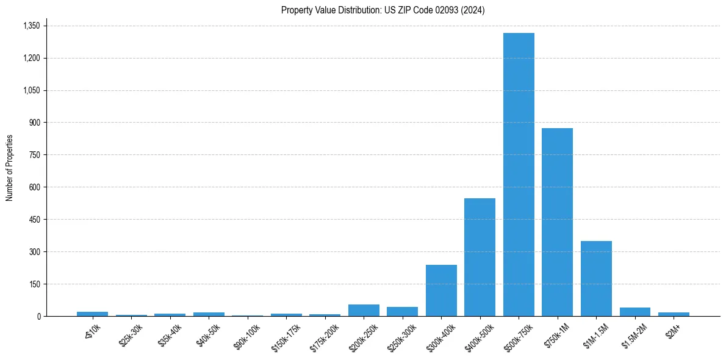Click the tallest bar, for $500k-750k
pos(519,175)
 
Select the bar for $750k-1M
pos(557,222)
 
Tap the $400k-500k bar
pos(480,257)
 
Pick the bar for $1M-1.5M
pos(596,278)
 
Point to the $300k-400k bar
pos(441,290)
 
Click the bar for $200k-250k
pos(364,310)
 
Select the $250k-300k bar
pos(402,311)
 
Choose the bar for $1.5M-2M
pos(634,312)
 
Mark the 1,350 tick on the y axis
pos(31,26)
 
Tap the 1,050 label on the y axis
pos(31,90)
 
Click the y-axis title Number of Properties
pos(10,167)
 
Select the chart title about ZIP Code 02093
pos(383,10)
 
